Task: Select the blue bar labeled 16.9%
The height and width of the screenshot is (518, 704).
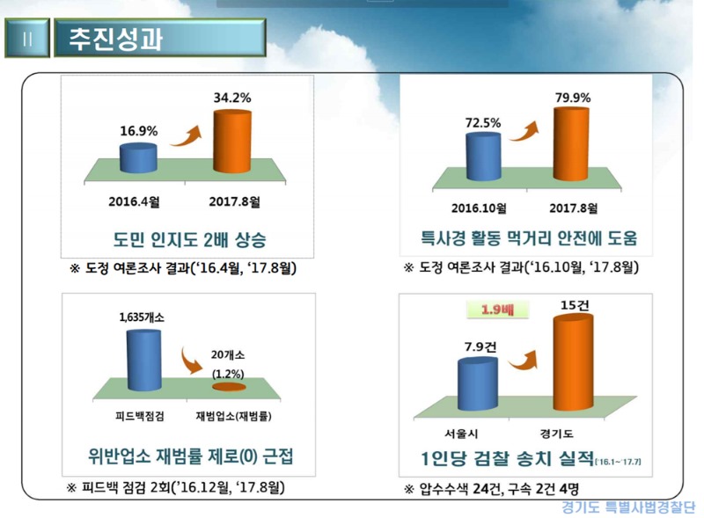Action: pos(139,157)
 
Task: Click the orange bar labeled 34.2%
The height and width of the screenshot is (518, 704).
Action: pos(232,135)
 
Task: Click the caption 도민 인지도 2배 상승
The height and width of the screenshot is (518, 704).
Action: pos(184,239)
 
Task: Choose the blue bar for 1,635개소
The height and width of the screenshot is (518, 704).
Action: pos(140,357)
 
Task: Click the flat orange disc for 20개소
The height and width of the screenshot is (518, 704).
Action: pos(228,385)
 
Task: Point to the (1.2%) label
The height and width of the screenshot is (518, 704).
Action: pos(229,371)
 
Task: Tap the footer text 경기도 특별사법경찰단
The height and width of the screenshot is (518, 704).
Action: pos(627,507)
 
